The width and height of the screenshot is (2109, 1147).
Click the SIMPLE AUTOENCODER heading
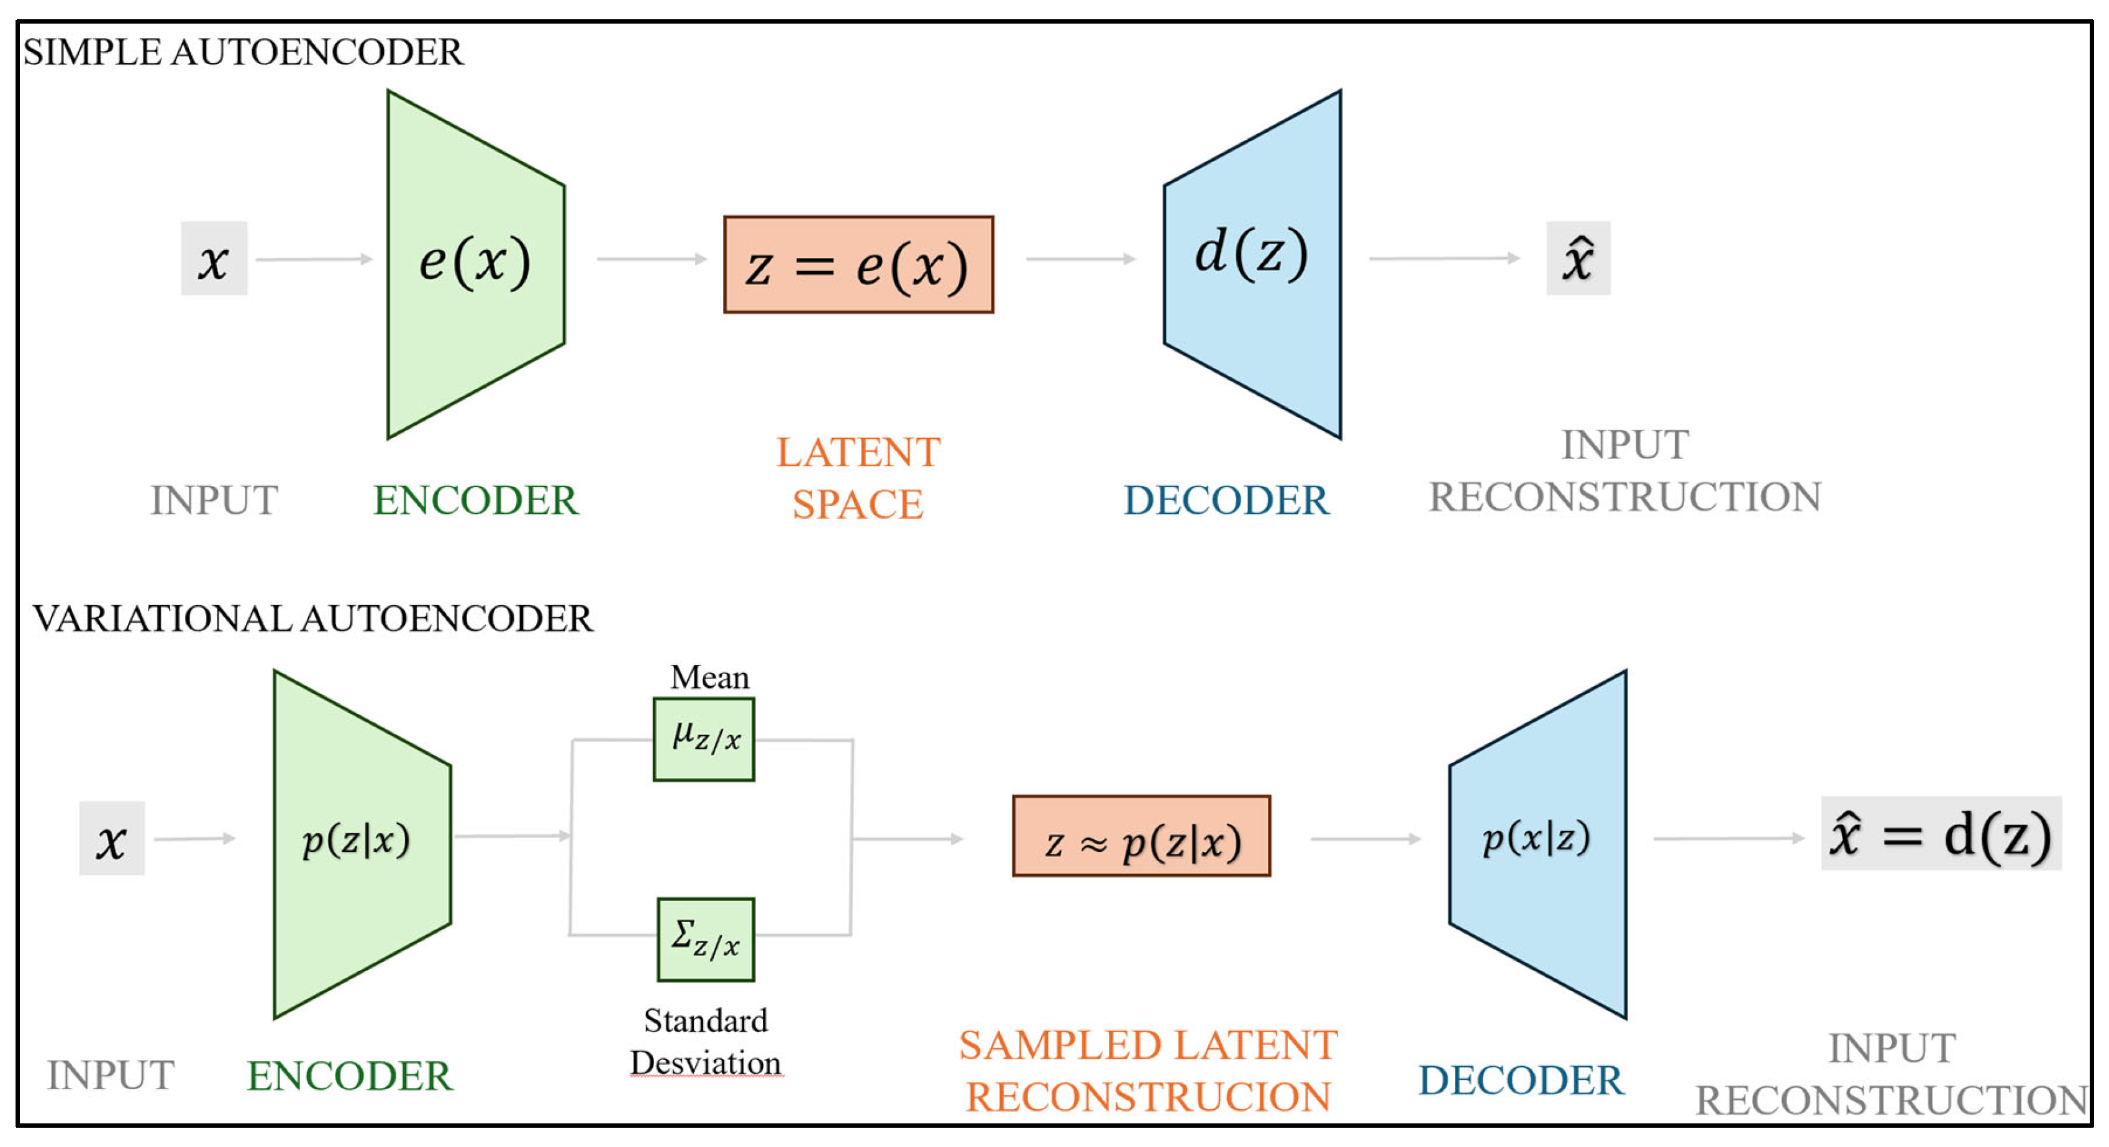coord(243,52)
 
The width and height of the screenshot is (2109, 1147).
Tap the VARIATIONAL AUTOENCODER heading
coord(312,618)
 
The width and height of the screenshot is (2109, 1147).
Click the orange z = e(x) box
coord(858,265)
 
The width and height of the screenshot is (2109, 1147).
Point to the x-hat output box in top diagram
coord(1578,258)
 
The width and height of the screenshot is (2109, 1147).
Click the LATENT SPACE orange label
coord(858,477)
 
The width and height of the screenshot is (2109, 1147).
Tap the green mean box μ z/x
coord(703,739)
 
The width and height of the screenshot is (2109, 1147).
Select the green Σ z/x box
coord(705,939)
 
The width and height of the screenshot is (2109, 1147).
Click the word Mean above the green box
coord(709,677)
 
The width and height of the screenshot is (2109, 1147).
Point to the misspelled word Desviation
coord(706,1062)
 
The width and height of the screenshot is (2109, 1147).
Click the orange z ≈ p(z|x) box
coord(1141,836)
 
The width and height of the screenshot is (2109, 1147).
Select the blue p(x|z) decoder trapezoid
coord(1537,843)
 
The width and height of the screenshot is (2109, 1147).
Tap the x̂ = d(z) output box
coord(1941,833)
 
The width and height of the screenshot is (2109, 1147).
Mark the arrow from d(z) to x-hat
coord(1444,258)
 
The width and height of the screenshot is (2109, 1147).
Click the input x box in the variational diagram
coord(111,838)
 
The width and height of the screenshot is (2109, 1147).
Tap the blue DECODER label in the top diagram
coord(1226,500)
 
